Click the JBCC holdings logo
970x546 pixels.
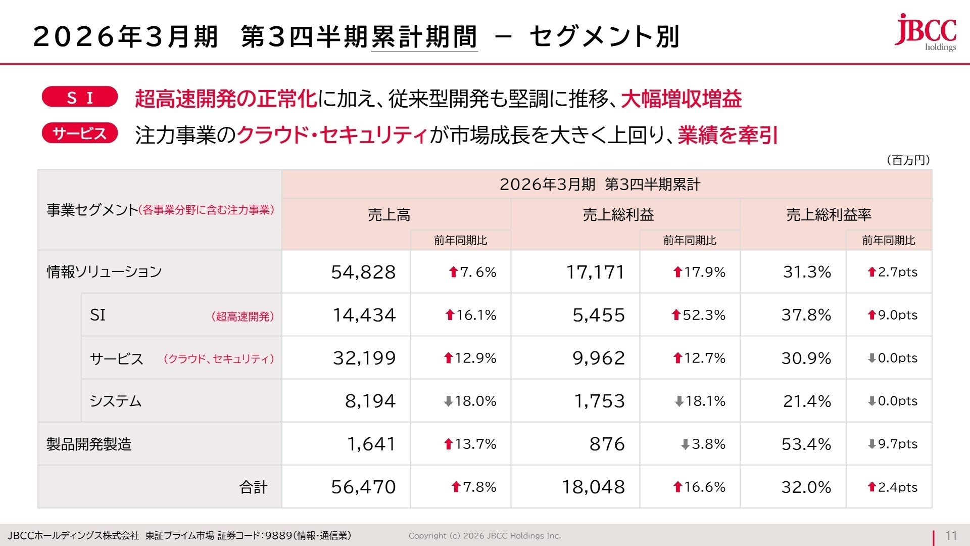(x=926, y=32)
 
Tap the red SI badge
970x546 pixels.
(x=80, y=97)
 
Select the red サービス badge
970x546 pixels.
(x=80, y=133)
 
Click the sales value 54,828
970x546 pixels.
(x=363, y=272)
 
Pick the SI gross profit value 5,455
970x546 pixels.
(x=599, y=315)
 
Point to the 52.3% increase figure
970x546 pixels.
(x=703, y=315)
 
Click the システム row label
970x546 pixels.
(x=116, y=401)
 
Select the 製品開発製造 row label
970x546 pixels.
(x=89, y=444)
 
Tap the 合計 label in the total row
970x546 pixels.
(x=253, y=487)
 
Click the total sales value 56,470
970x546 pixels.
(x=363, y=487)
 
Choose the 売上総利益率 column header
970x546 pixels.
(x=829, y=215)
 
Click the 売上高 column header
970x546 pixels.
(x=389, y=215)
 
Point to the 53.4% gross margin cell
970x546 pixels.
(x=806, y=444)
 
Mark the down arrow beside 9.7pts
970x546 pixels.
(x=871, y=444)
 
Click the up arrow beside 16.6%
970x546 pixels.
(x=678, y=487)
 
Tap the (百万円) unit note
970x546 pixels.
(x=908, y=160)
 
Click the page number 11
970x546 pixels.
(x=951, y=536)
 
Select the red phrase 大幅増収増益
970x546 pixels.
(x=681, y=99)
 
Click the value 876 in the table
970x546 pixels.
(x=607, y=444)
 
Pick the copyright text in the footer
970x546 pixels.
(x=484, y=536)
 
